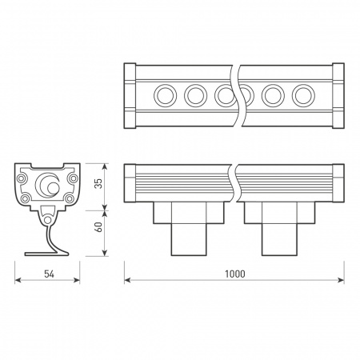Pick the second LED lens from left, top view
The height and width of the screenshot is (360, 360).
tap(194, 96)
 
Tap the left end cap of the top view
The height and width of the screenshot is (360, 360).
tap(130, 96)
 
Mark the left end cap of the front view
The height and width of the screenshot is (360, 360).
tap(130, 183)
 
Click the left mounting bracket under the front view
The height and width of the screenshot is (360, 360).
tap(188, 228)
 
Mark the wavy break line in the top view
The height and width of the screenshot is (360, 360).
tap(234, 96)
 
